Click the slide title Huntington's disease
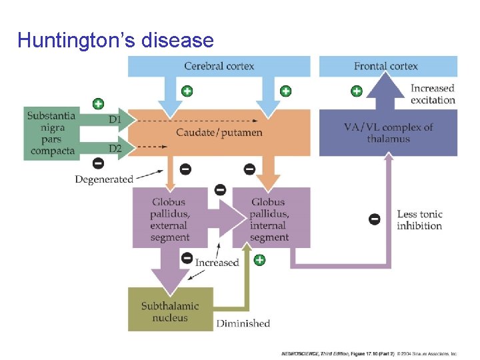pyautogui.click(x=115, y=41)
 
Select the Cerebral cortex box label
pyautogui.click(x=219, y=65)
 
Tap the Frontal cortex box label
pyautogui.click(x=386, y=65)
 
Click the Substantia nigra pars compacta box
pyautogui.click(x=51, y=133)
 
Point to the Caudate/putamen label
pyautogui.click(x=219, y=132)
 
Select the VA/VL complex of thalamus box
pyautogui.click(x=388, y=133)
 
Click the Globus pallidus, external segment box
pyautogui.click(x=169, y=219)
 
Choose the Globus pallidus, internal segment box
pyautogui.click(x=270, y=219)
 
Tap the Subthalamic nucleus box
pyautogui.click(x=170, y=311)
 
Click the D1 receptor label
pyautogui.click(x=115, y=120)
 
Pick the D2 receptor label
pyautogui.click(x=115, y=148)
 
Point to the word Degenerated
pyautogui.click(x=104, y=179)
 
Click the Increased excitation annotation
pyautogui.click(x=433, y=94)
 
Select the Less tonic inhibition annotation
pyautogui.click(x=419, y=220)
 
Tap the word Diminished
pyautogui.click(x=243, y=323)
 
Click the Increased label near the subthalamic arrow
pyautogui.click(x=217, y=262)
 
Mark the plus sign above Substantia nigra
pyautogui.click(x=98, y=103)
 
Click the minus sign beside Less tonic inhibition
pyautogui.click(x=375, y=218)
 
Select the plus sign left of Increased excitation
pyautogui.click(x=357, y=91)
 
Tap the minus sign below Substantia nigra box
pyautogui.click(x=98, y=163)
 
